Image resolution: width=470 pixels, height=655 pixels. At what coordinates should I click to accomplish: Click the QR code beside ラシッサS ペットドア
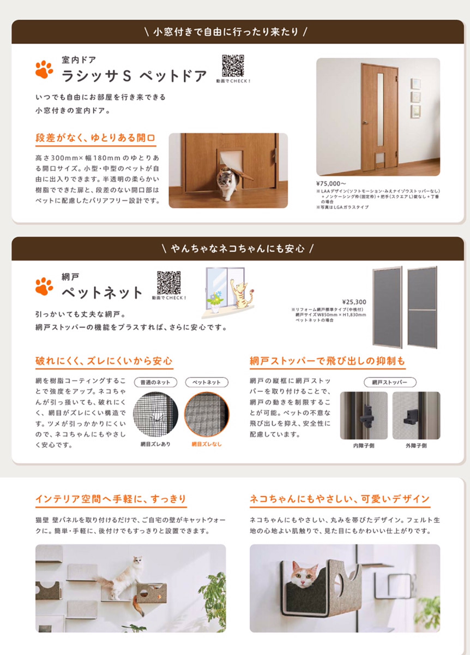pyautogui.click(x=233, y=65)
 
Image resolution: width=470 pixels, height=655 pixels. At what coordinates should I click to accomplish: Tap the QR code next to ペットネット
pyautogui.click(x=168, y=283)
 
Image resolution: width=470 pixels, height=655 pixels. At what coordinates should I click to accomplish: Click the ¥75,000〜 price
pyautogui.click(x=331, y=183)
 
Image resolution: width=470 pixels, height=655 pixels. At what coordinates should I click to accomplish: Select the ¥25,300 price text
pyautogui.click(x=354, y=302)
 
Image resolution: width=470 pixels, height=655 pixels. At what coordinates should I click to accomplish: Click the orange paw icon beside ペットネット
pyautogui.click(x=44, y=286)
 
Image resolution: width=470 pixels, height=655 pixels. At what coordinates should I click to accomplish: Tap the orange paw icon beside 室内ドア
pyautogui.click(x=44, y=69)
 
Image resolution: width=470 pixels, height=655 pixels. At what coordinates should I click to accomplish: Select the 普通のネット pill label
pyautogui.click(x=155, y=382)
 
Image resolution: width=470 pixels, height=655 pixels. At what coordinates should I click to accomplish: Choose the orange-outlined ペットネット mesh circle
pyautogui.click(x=207, y=414)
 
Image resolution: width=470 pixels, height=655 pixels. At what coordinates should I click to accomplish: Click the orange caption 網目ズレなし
pyautogui.click(x=207, y=444)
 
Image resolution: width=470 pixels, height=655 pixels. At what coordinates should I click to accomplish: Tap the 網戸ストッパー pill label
pyautogui.click(x=390, y=382)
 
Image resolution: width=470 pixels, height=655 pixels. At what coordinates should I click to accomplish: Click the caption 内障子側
pyautogui.click(x=364, y=445)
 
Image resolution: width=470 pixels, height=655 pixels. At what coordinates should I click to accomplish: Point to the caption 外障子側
pyautogui.click(x=416, y=445)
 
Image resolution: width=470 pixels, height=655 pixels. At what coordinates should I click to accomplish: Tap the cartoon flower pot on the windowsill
pyautogui.click(x=215, y=302)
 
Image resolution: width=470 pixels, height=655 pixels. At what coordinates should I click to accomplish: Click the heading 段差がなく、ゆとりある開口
pyautogui.click(x=95, y=138)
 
